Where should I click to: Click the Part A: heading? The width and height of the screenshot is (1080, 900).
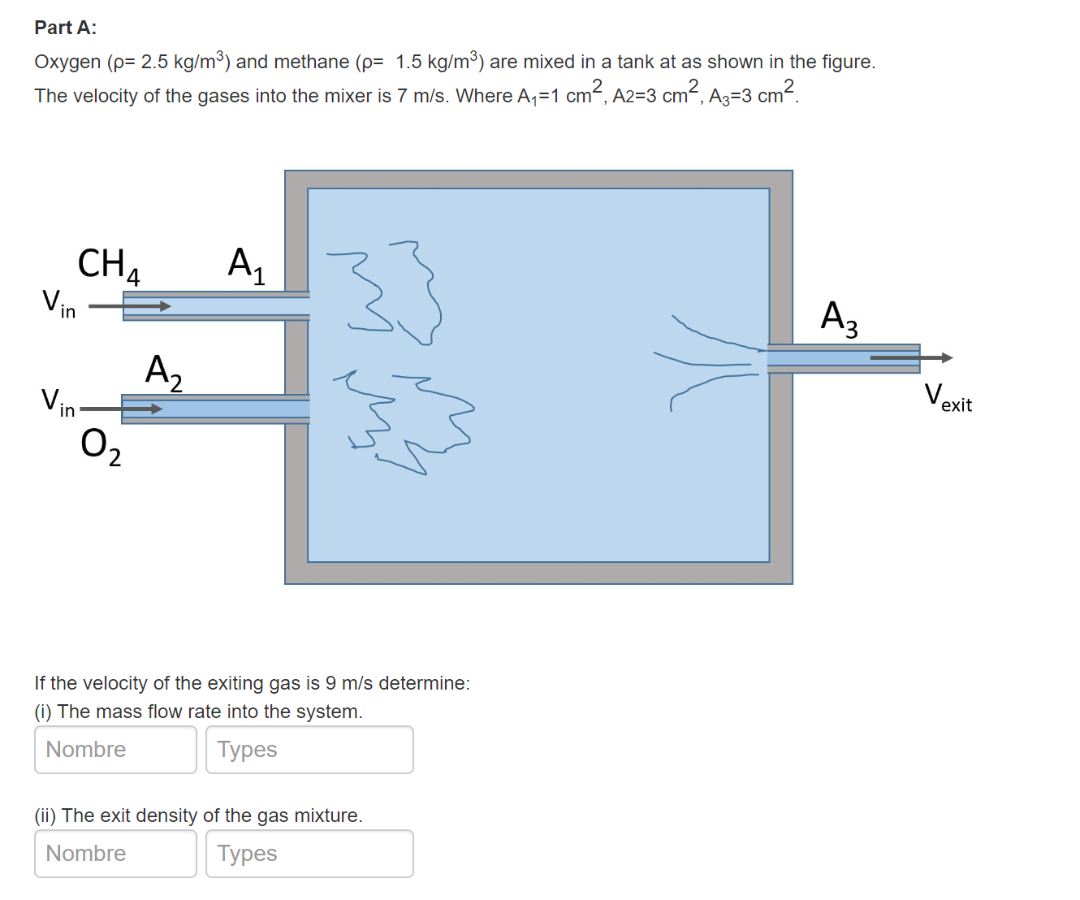(65, 28)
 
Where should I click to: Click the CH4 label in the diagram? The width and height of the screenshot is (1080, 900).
(108, 265)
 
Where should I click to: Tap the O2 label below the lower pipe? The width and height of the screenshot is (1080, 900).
(101, 447)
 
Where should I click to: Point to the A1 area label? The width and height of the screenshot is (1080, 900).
(246, 265)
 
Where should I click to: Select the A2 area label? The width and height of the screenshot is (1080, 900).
(163, 372)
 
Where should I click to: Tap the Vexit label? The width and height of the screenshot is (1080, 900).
(948, 398)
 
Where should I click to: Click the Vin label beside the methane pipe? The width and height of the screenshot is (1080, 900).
(58, 303)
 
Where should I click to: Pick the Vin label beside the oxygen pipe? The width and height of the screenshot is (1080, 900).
(58, 402)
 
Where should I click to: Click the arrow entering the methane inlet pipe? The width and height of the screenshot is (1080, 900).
(130, 306)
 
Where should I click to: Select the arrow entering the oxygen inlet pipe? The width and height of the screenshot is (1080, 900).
(122, 409)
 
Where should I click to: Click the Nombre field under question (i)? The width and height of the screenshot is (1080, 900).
(115, 750)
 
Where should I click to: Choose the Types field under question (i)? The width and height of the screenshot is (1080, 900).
(309, 750)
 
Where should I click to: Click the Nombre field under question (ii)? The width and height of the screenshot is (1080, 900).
(115, 854)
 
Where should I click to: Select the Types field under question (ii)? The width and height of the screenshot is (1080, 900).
(309, 854)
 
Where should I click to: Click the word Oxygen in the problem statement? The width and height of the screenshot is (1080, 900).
(67, 63)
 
